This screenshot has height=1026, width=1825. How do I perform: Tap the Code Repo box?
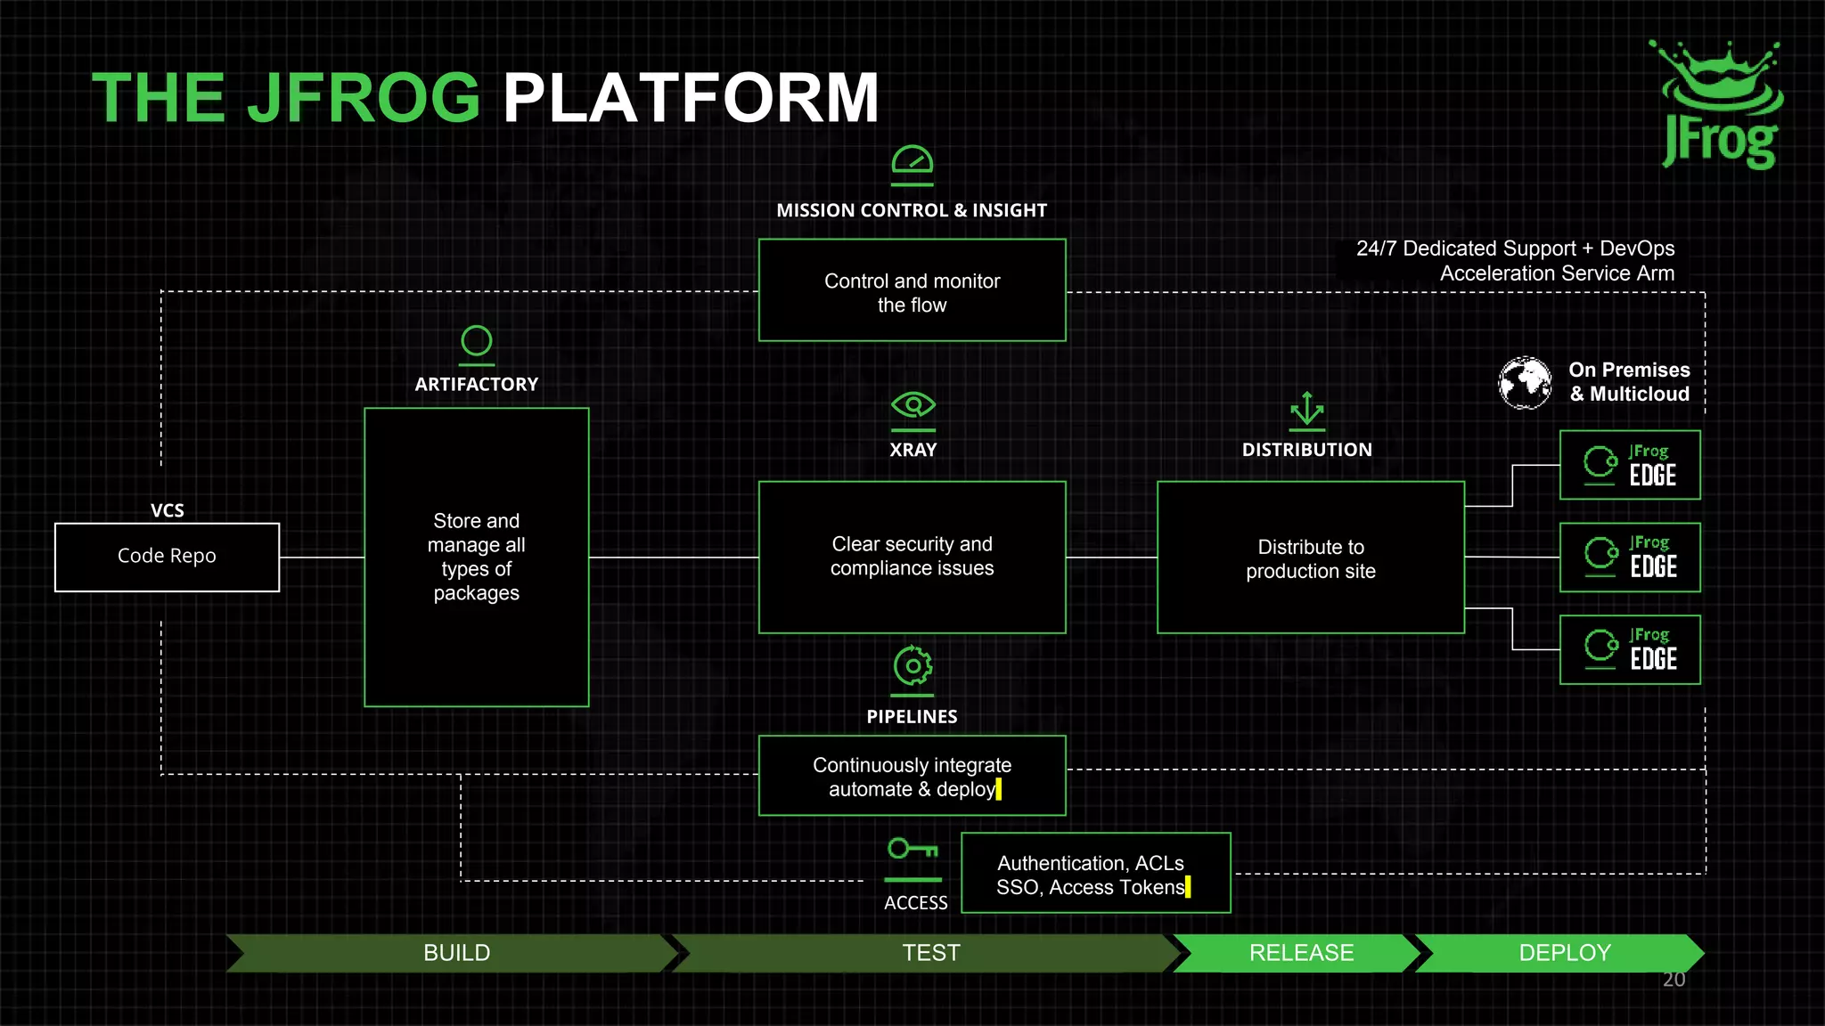click(167, 557)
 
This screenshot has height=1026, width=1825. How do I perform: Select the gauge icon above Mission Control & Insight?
click(912, 163)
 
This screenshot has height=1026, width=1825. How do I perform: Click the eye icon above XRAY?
click(912, 406)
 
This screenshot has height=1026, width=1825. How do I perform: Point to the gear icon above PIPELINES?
click(912, 666)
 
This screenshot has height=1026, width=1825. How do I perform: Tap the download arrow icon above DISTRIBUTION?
click(1306, 410)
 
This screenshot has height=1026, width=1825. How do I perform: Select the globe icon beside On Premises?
click(1525, 383)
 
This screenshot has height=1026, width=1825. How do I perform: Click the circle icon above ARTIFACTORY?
click(477, 341)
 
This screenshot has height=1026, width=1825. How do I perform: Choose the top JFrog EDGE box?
click(1630, 465)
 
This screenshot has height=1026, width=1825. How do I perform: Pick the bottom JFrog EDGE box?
click(1630, 649)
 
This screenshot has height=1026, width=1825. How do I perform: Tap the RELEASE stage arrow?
click(1299, 953)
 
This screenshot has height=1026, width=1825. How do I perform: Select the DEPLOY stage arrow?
click(1562, 953)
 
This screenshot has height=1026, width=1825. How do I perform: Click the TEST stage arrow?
click(929, 953)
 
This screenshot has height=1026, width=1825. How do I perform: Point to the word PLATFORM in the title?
click(691, 98)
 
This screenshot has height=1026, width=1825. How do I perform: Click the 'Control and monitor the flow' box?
click(912, 290)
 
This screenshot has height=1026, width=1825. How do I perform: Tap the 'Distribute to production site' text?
click(1310, 559)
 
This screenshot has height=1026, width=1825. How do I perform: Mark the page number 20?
click(1674, 980)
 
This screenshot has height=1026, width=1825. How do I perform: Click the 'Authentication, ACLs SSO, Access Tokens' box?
click(1095, 873)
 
